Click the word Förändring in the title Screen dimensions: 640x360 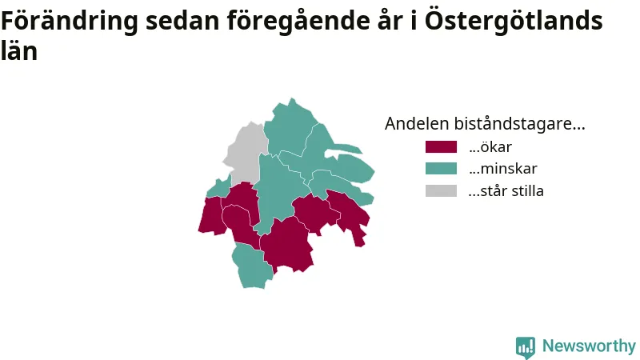pos(70,22)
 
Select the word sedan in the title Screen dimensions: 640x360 pos(182,22)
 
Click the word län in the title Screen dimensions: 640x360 pos(19,50)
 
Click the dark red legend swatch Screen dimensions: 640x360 pos(441,147)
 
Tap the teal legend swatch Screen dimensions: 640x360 pos(441,169)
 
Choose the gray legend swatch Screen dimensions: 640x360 pos(441,190)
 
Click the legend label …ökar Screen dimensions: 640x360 pos(490,147)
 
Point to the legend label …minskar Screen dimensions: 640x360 pos(503,169)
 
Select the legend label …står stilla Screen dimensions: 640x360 pos(506,190)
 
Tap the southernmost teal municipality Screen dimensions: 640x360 pos(252,266)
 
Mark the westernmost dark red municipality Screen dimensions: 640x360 pos(211,215)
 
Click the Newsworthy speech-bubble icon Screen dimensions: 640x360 pos(526,347)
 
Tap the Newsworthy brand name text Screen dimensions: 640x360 pos(589,346)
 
